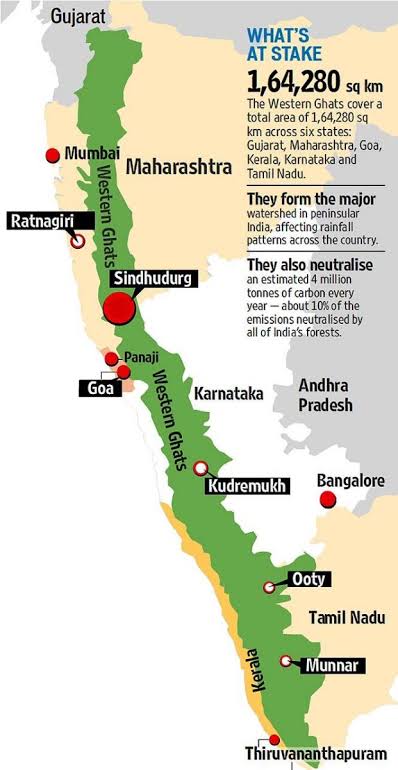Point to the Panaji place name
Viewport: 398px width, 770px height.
[137, 357]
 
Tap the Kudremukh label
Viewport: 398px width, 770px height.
[246, 486]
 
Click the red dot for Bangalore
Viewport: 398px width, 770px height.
[323, 499]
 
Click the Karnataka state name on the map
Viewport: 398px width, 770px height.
[229, 393]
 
